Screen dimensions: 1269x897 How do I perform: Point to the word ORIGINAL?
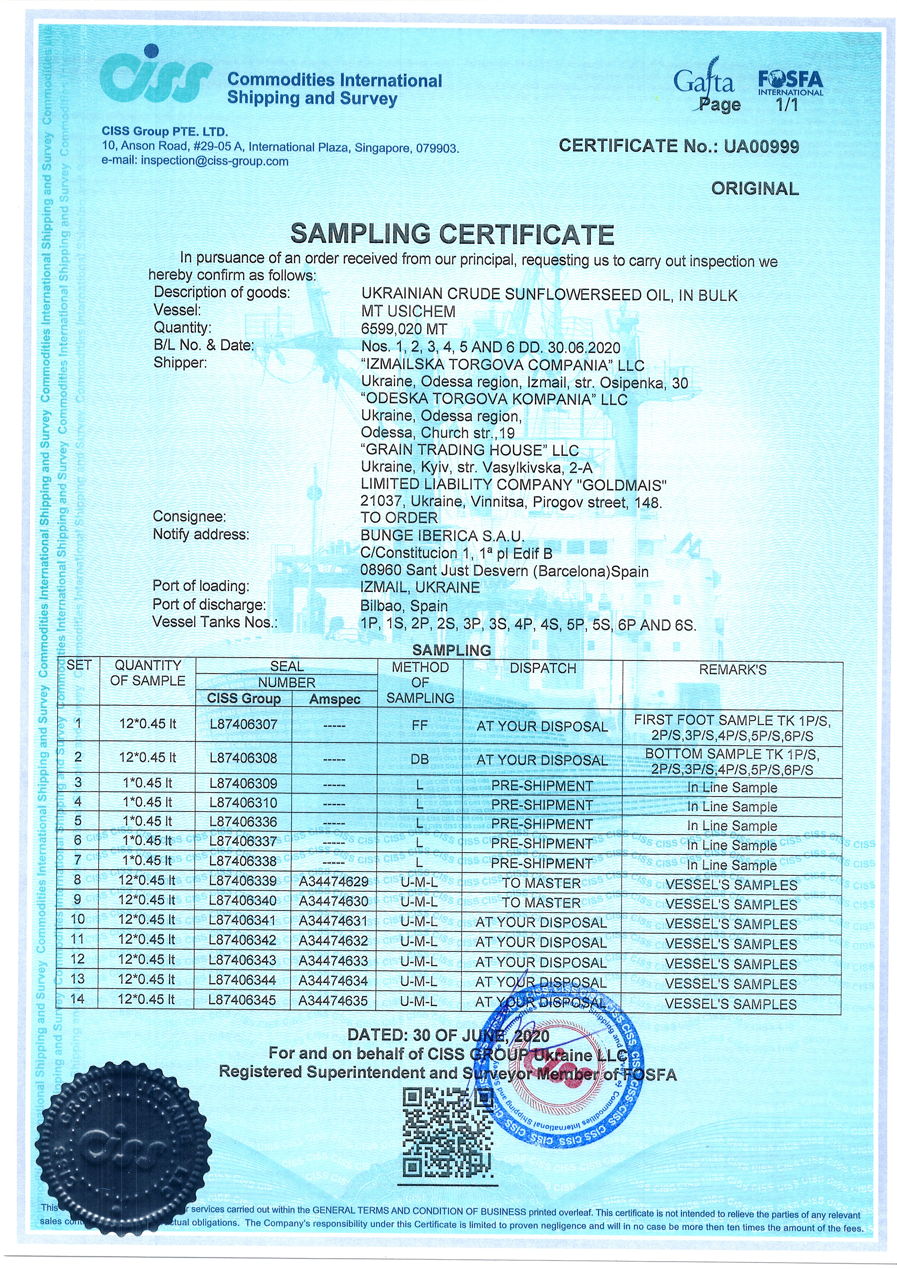754,189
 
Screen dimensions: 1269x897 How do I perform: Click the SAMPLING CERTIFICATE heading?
452,234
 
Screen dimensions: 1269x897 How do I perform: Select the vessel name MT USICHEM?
408,312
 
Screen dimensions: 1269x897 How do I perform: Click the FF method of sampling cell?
420,725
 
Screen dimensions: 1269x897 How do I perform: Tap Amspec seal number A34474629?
333,882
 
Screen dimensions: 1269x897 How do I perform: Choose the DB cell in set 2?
420,759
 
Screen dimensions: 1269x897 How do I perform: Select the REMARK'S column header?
732,670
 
